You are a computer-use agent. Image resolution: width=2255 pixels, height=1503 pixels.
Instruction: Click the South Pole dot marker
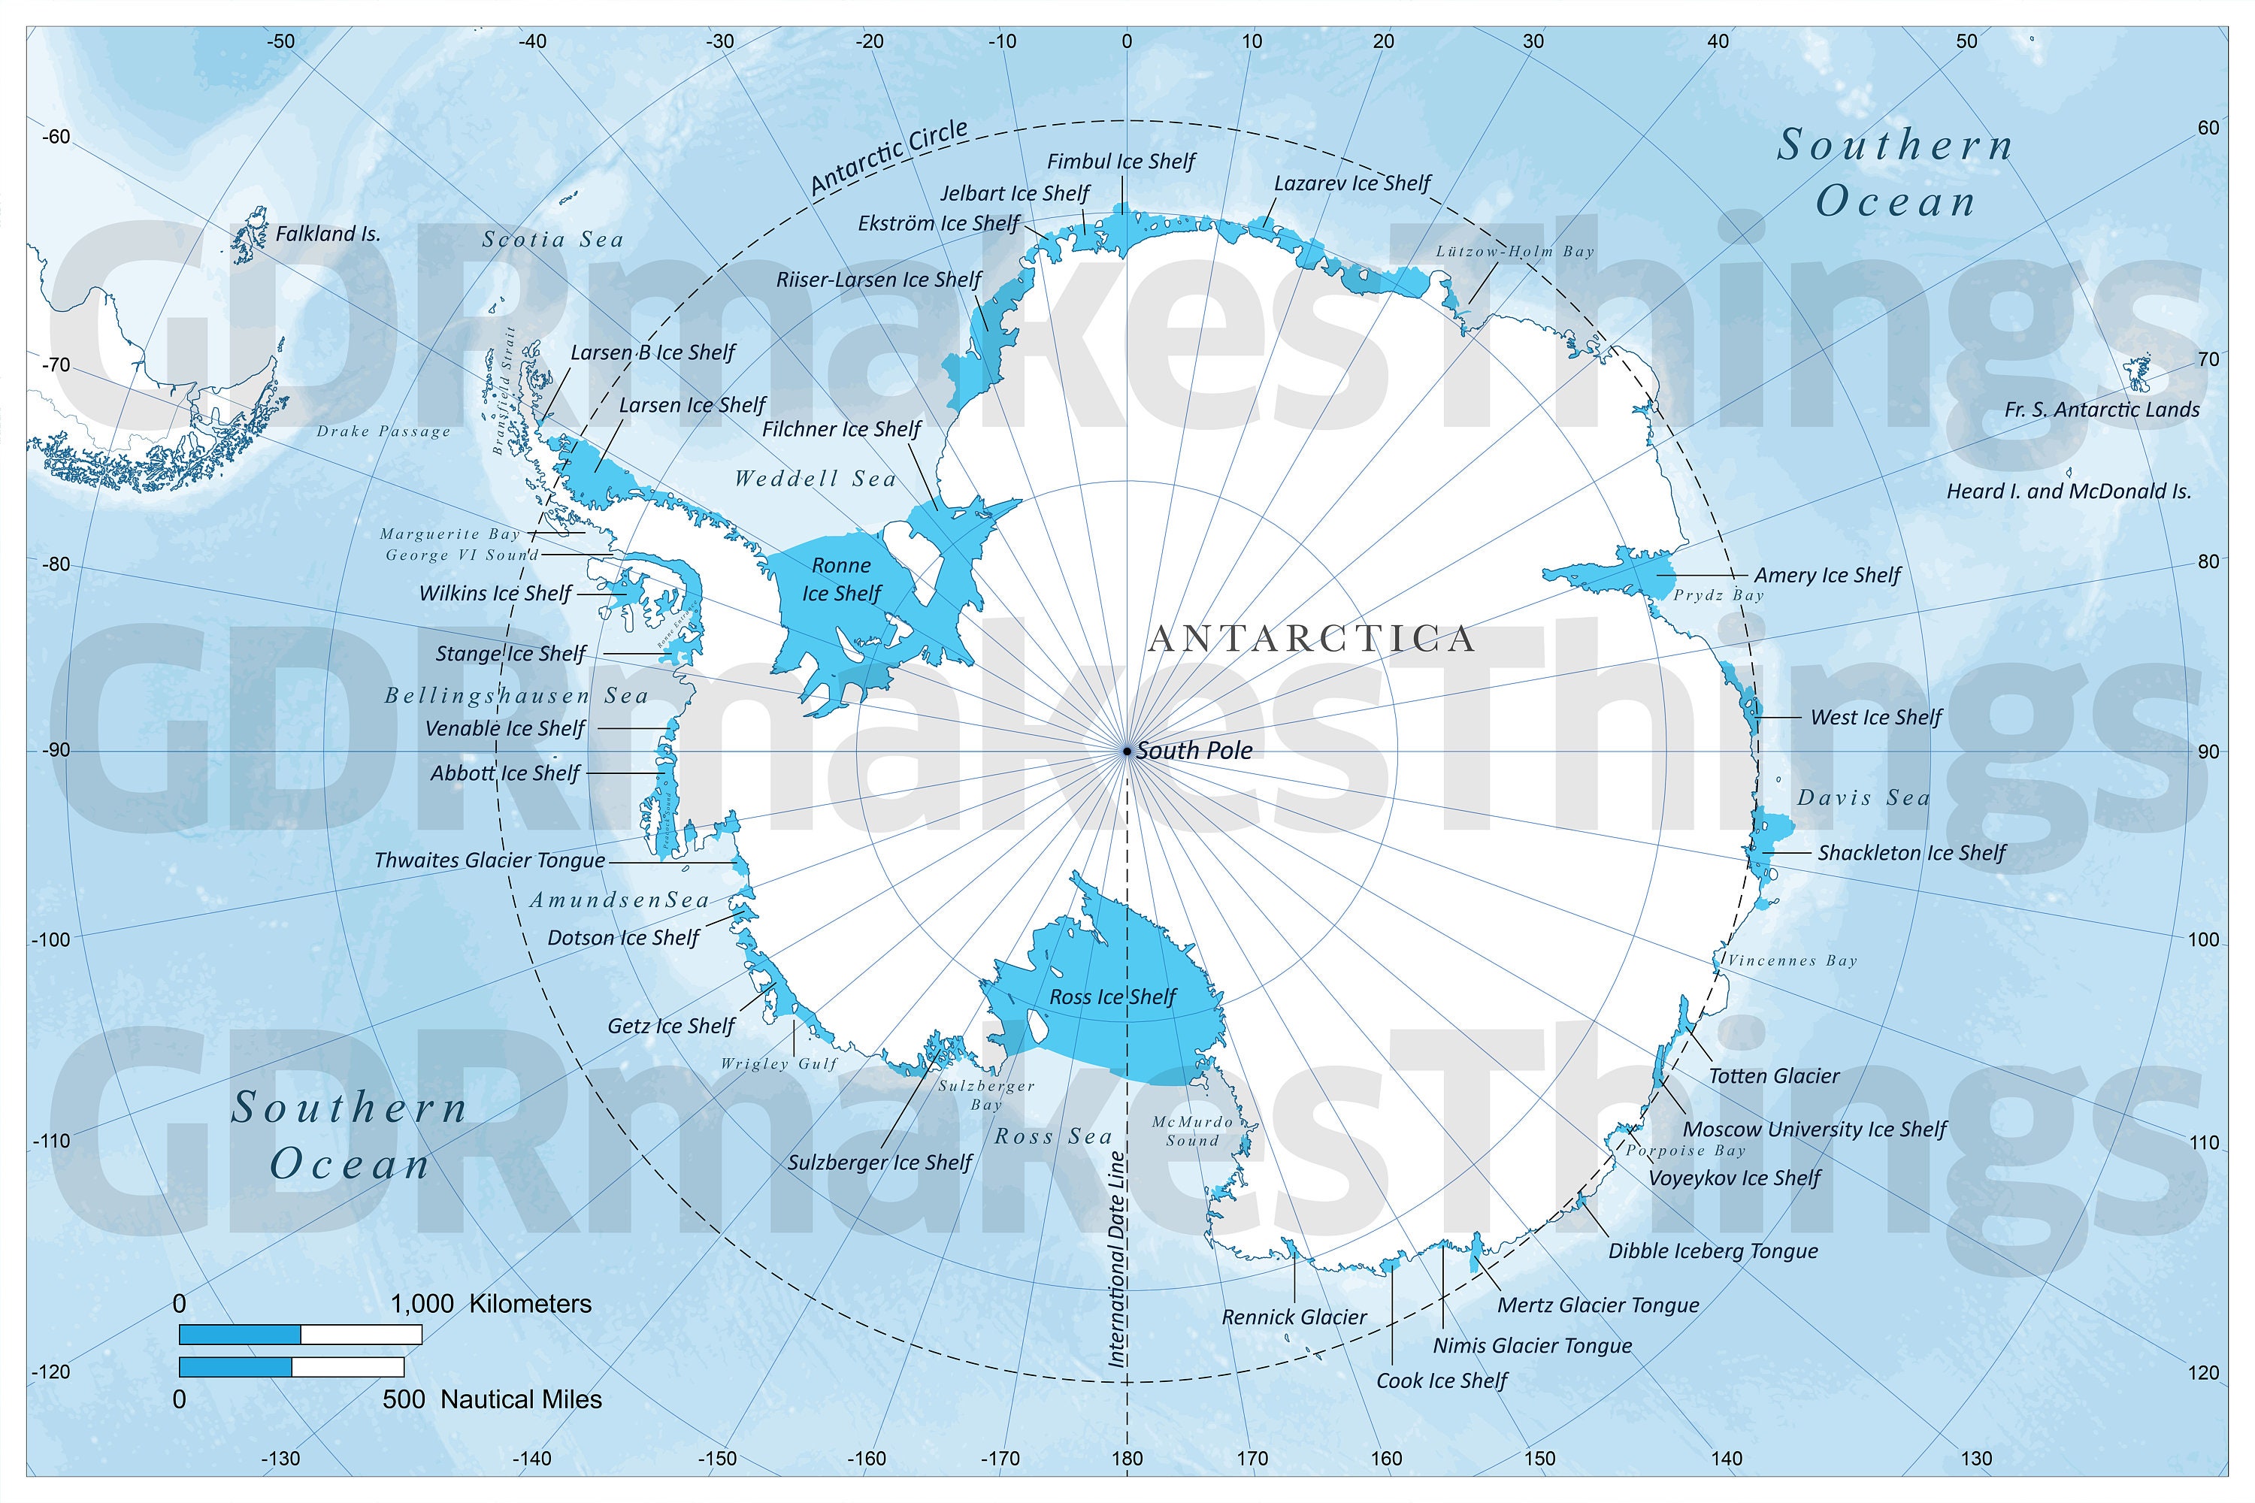pyautogui.click(x=1127, y=751)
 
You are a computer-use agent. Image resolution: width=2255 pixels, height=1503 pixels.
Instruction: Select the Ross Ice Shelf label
pyautogui.click(x=1112, y=997)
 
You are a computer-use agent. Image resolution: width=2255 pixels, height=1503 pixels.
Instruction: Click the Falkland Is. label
pyautogui.click(x=328, y=234)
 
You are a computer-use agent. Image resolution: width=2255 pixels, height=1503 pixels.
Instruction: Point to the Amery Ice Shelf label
pyautogui.click(x=1827, y=575)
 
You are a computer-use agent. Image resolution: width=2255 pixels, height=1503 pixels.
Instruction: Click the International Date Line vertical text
pyautogui.click(x=1117, y=1257)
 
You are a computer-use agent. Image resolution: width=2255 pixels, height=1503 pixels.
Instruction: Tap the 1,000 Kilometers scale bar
pyautogui.click(x=300, y=1335)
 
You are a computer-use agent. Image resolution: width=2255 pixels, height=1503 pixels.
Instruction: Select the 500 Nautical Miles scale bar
pyautogui.click(x=292, y=1367)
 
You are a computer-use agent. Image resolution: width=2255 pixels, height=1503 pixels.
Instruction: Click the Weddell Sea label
pyautogui.click(x=815, y=478)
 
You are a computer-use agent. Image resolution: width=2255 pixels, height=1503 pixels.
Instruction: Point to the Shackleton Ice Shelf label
pyautogui.click(x=1911, y=853)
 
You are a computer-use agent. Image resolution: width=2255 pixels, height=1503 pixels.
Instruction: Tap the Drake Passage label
pyautogui.click(x=383, y=431)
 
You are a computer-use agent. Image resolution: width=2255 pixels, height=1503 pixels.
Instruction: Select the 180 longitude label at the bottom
pyautogui.click(x=1127, y=1459)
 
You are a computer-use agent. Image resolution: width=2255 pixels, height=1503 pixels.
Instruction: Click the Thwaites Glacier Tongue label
pyautogui.click(x=489, y=860)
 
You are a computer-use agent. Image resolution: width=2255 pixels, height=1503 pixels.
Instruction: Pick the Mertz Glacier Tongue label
pyautogui.click(x=1598, y=1305)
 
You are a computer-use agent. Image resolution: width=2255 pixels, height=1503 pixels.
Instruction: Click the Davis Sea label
pyautogui.click(x=1863, y=797)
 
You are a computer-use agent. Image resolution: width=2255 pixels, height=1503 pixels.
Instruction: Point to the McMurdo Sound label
pyautogui.click(x=1193, y=1131)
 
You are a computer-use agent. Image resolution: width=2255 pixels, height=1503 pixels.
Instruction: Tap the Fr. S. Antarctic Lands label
pyautogui.click(x=2102, y=410)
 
